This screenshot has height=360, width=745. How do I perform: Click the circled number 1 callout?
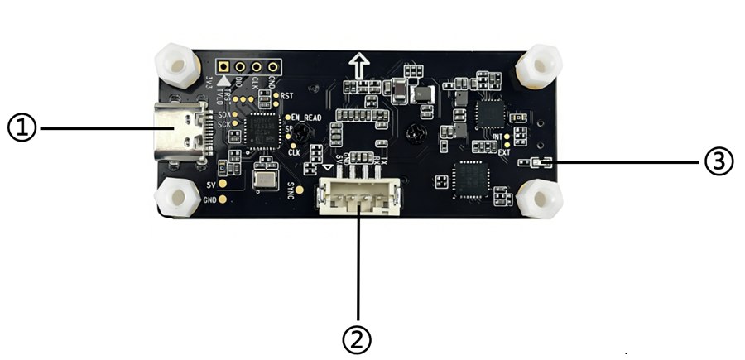click(x=22, y=128)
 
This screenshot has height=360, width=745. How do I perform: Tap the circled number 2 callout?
click(x=357, y=338)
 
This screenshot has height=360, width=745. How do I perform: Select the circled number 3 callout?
click(x=719, y=162)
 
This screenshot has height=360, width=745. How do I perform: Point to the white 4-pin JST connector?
click(x=358, y=196)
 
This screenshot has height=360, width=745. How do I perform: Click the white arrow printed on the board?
click(x=359, y=65)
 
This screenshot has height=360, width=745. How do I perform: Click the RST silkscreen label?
click(x=287, y=96)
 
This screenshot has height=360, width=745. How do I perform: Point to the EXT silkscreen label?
click(x=503, y=151)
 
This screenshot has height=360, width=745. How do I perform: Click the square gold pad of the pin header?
click(x=223, y=66)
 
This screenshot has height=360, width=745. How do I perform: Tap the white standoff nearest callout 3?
click(x=541, y=198)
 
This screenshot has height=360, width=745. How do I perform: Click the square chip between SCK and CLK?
click(x=260, y=131)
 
